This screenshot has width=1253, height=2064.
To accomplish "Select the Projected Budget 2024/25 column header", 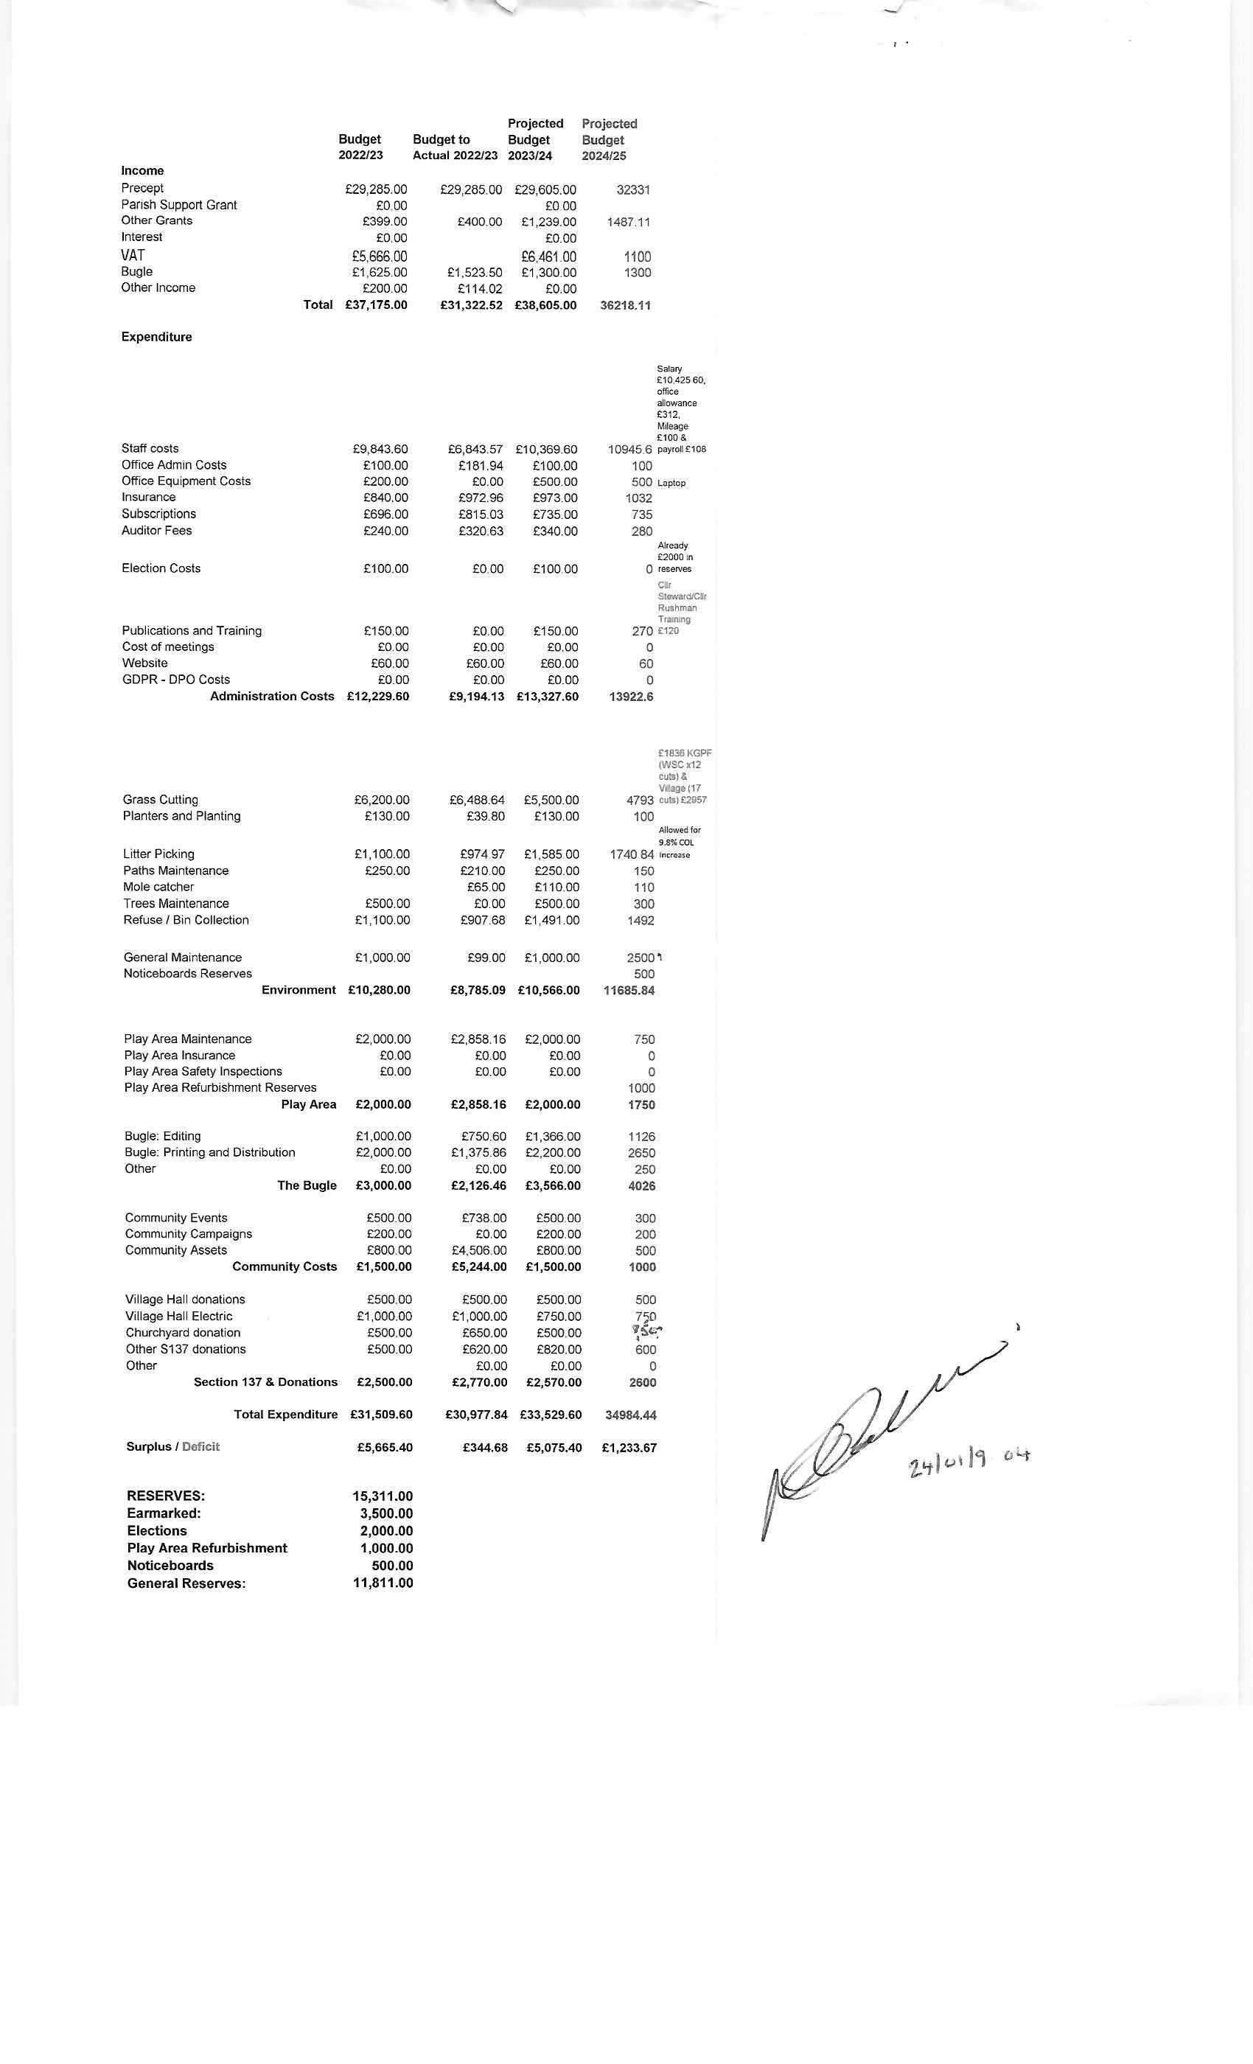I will pos(609,140).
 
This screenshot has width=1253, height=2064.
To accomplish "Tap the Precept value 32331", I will pos(632,190).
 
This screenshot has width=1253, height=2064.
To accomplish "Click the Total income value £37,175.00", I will pos(376,305).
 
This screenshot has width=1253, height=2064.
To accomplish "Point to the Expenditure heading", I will pos(156,337).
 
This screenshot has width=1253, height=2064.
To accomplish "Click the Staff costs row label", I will pos(150,449).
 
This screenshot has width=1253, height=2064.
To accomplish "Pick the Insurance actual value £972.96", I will pos(480,498).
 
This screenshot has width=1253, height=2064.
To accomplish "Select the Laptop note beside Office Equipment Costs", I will pos(671,484).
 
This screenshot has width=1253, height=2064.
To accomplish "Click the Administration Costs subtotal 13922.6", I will pos(631,697).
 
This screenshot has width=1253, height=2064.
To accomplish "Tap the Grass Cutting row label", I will pos(160,800).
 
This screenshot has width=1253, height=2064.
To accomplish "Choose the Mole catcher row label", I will pos(158,887).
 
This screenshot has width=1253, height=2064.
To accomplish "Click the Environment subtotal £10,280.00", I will pos(379,990).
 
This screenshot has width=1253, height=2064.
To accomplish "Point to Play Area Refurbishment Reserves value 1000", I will pos(641,1088).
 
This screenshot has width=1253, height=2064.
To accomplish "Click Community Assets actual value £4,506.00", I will pos(479,1251).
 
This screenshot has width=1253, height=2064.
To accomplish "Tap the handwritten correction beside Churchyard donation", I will pos(647,1331).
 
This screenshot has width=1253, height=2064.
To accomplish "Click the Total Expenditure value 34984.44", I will pos(631,1415).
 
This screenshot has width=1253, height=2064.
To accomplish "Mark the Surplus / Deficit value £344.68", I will pos(485,1448).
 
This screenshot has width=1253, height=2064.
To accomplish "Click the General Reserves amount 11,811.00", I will pos(383,1583).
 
